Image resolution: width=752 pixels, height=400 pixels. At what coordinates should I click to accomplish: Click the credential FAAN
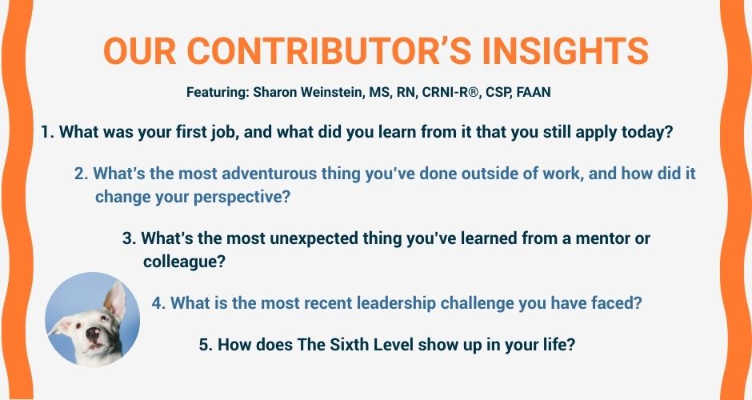click(x=534, y=92)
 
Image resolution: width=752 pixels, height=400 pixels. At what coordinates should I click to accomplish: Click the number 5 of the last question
click(x=204, y=344)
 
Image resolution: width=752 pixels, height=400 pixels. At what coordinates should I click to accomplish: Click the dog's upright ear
click(x=115, y=300)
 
